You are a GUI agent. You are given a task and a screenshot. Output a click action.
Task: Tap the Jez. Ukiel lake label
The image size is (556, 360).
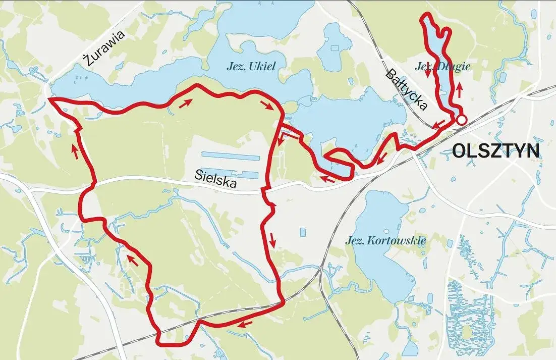tap(251, 66)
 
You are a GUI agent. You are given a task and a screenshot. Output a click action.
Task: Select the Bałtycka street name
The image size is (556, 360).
tap(407, 89)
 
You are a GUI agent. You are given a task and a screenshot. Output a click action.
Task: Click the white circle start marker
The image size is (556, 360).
tap(461, 120)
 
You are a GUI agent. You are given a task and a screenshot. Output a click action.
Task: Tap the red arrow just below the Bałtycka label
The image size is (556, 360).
tap(437, 124)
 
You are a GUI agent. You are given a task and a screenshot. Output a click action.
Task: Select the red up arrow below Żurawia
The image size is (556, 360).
tap(75, 151)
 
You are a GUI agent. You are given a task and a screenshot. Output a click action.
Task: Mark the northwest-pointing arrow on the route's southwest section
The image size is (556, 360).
tap(132, 260)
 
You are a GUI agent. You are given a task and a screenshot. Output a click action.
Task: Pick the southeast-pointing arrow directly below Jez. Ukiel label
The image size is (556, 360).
tap(266, 105)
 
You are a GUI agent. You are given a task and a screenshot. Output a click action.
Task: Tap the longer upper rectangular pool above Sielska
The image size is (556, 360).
tap(230, 157)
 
